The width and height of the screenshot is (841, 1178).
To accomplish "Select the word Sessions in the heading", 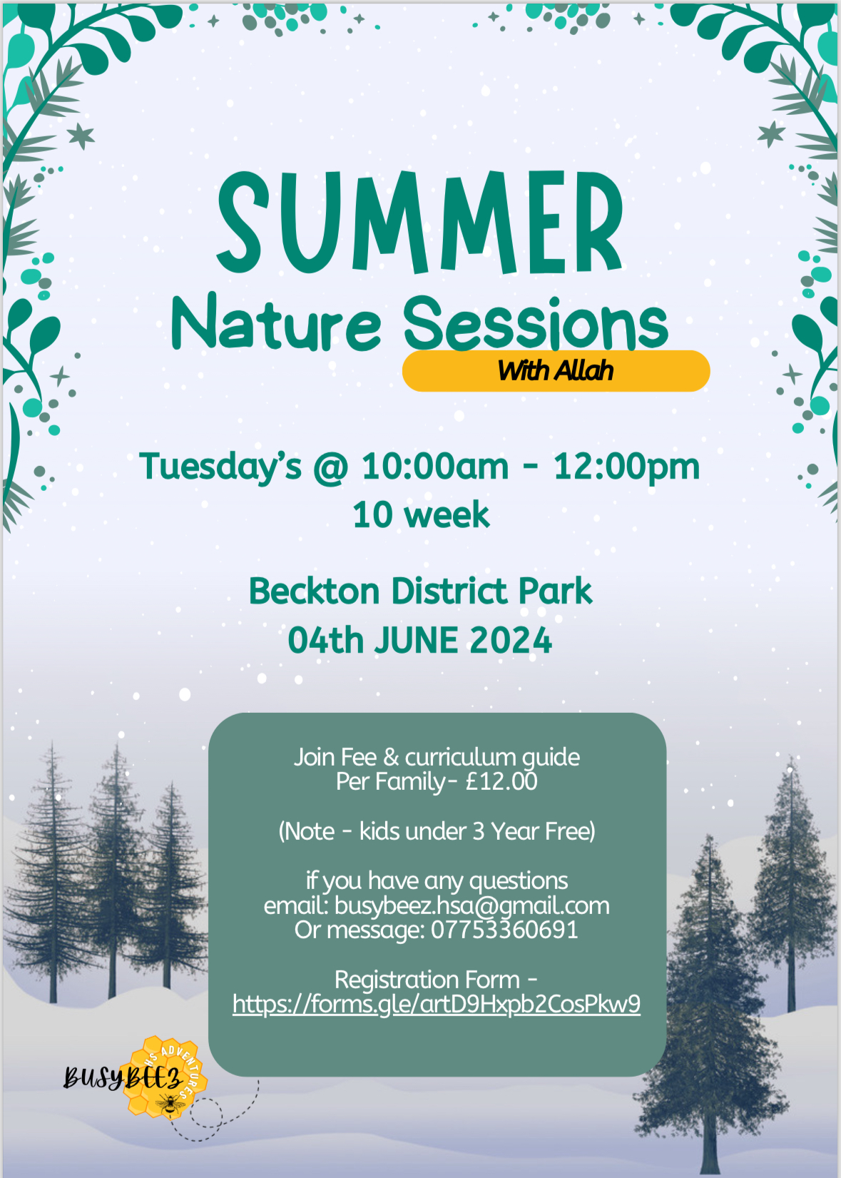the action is pos(536,322).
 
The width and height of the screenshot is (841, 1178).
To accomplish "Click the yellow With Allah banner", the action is pos(556,371).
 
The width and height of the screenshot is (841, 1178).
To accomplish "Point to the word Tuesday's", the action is pos(220,467).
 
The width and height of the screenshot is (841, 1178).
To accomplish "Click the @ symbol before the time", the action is pos(331,467).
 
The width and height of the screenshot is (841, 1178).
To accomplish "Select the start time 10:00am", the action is pos(435,467).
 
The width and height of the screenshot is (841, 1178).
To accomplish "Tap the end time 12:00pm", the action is pos(626,467).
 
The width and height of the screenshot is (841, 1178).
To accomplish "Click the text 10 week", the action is pos(421,515).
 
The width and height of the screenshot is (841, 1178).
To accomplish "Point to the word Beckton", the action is pos(315,591).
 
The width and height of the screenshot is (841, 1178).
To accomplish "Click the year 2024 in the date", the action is pos(511,641).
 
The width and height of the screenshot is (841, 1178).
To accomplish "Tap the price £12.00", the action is pos(501,781).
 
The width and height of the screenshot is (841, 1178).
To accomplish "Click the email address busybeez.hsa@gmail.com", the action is pos(472,906).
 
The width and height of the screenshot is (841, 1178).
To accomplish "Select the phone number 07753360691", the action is pos(504,930).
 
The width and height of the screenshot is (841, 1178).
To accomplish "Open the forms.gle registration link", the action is pos(437,1005).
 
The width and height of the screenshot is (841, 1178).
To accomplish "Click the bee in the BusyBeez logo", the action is pos(170,1103).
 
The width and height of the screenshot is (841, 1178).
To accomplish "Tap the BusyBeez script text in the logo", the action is pos(123,1077).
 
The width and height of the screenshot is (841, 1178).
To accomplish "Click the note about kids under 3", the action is pos(437,831).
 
